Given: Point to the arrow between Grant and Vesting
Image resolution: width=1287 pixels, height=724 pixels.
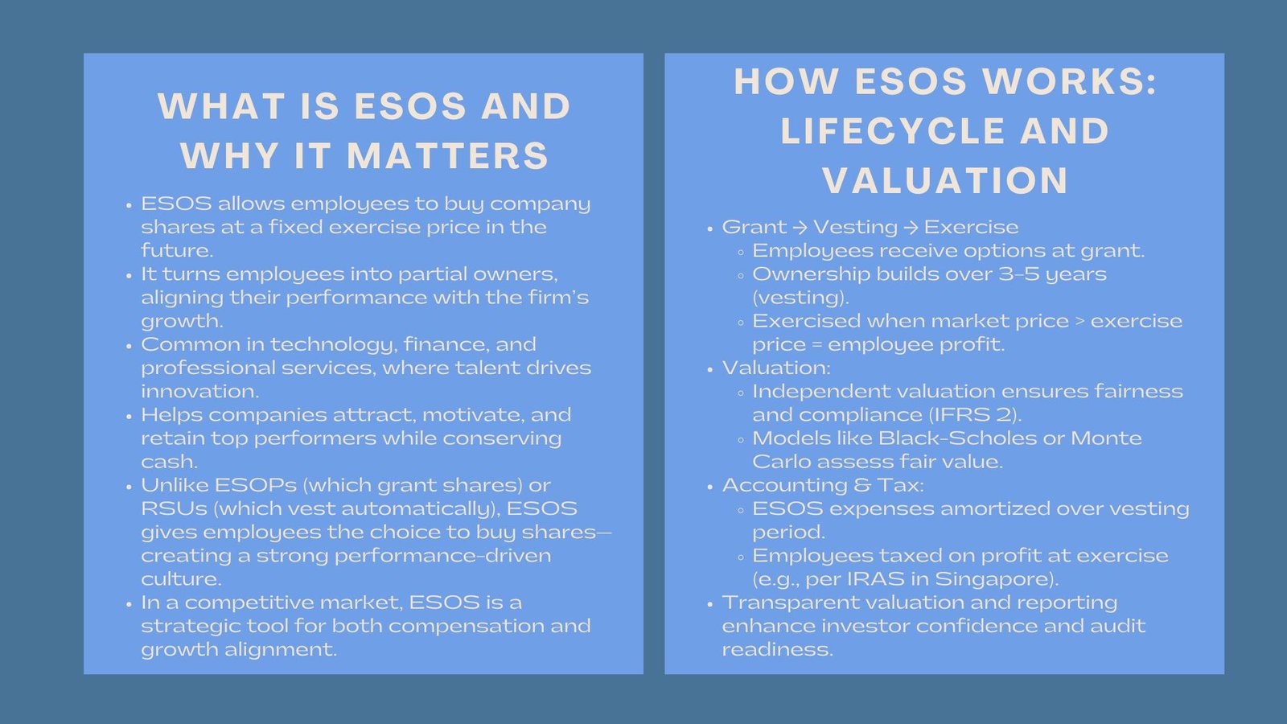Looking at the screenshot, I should tap(800, 228).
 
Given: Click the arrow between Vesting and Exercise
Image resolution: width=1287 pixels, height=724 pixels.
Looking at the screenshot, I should tap(911, 228).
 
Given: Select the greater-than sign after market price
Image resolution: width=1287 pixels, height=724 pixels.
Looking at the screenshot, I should tap(1079, 321).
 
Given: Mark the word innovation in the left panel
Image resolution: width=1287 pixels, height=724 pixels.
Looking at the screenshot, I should tap(199, 392).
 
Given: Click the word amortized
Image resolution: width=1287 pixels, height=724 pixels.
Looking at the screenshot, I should tap(1021, 509).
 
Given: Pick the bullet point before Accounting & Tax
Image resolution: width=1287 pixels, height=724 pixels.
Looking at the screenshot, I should tap(709, 487).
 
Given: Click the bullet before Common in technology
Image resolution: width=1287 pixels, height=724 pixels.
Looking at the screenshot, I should tap(129, 346).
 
